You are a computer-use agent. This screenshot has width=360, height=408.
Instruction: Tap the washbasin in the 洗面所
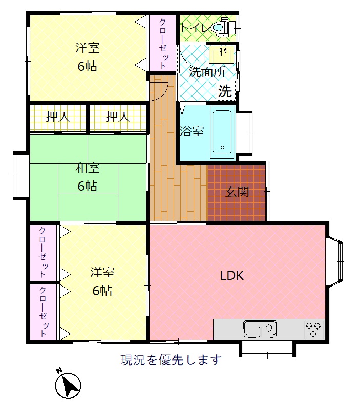pos(221,54)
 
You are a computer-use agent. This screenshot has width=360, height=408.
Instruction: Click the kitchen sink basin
pos(260,329)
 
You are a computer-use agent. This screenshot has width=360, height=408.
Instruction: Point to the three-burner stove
pos(313,330)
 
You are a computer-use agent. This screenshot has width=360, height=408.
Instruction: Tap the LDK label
pos(232,276)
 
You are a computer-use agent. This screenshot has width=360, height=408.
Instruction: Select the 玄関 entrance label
pos(237,192)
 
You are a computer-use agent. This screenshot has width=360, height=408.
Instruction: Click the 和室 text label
pos(88,168)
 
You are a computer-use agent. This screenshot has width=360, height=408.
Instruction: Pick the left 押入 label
pos(58,117)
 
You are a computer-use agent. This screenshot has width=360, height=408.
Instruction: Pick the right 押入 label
pos(117,117)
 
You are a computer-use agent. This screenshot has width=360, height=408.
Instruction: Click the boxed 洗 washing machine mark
pos(225,91)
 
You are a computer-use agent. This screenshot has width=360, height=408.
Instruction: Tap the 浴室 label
pos(192,131)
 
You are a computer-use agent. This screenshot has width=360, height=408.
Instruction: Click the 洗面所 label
pos(207,72)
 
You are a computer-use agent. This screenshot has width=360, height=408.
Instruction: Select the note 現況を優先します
pos(171,360)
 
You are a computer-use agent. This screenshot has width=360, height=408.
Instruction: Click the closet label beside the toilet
pos(163,43)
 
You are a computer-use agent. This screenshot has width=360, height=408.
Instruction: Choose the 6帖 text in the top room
pos(88,66)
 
